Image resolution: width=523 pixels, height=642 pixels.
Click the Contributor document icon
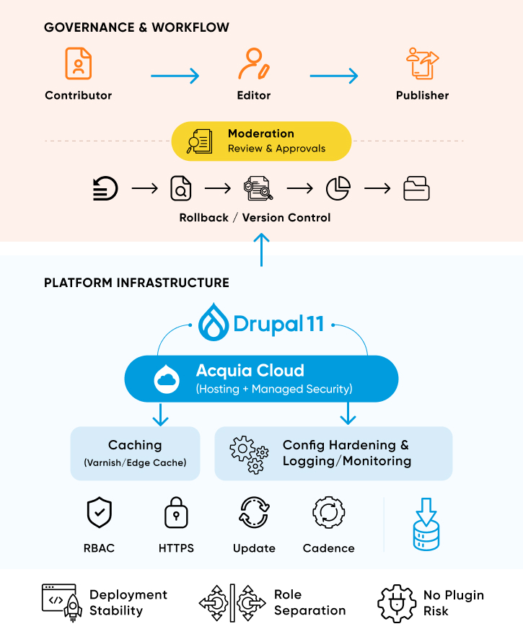pyautogui.click(x=78, y=63)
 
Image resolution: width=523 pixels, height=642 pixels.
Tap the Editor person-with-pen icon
pyautogui.click(x=253, y=63)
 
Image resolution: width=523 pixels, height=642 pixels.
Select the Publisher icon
pyautogui.click(x=423, y=63)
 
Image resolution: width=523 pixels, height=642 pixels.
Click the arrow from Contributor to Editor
pyautogui.click(x=175, y=76)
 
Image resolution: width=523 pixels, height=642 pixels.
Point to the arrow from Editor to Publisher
pyautogui.click(x=334, y=76)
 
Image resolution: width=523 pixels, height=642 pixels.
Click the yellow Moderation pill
pyautogui.click(x=261, y=141)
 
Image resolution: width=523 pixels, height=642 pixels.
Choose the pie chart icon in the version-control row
pyautogui.click(x=338, y=189)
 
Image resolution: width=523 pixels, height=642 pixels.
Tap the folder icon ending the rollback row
pyautogui.click(x=416, y=189)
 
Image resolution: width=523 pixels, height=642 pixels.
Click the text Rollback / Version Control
pyautogui.click(x=255, y=217)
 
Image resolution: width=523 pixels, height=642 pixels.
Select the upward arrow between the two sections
pyautogui.click(x=262, y=249)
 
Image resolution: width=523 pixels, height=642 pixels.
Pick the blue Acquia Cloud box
pyautogui.click(x=261, y=379)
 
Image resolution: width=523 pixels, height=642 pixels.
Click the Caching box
pyautogui.click(x=135, y=453)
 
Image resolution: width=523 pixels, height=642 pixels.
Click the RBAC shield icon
pyautogui.click(x=99, y=513)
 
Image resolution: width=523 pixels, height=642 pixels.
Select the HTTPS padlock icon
pyautogui.click(x=176, y=513)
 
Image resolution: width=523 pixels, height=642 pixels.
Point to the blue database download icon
pyautogui.click(x=426, y=524)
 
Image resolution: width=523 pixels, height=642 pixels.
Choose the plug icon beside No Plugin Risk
pyautogui.click(x=396, y=602)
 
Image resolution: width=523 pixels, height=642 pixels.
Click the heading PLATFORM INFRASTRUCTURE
pyautogui.click(x=136, y=283)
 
